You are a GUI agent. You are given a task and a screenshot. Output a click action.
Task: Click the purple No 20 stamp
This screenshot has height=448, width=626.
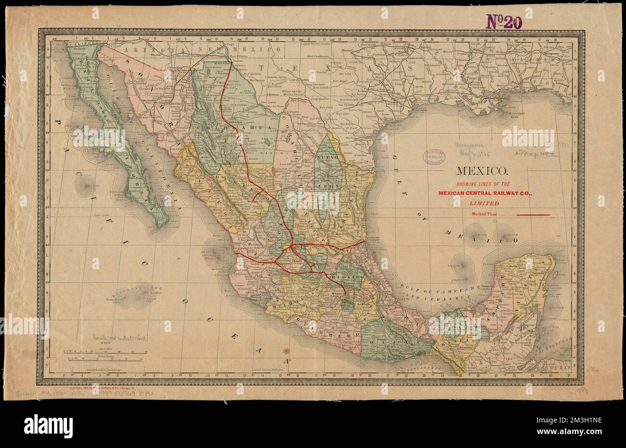click(504, 21)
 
